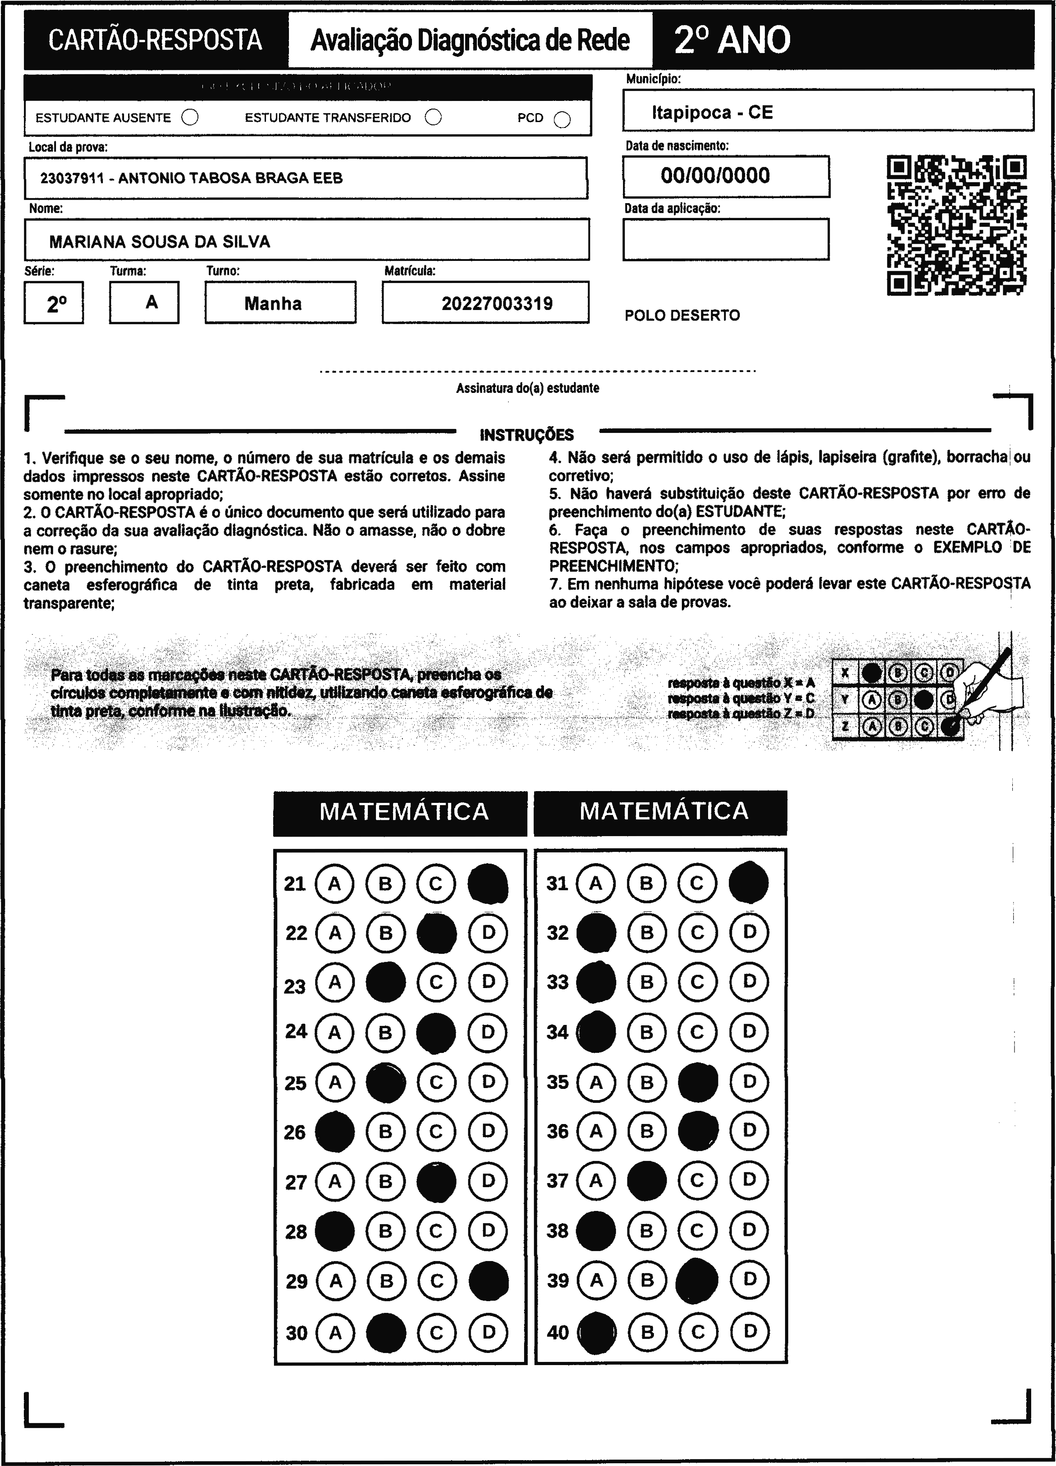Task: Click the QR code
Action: (x=956, y=225)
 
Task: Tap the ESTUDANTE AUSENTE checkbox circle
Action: (x=190, y=117)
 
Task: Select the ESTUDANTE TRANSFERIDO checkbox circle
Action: (x=433, y=117)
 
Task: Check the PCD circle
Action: (x=562, y=119)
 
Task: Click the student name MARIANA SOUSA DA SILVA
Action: (x=160, y=242)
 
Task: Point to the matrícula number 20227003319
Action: (x=497, y=303)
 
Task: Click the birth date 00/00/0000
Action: (x=715, y=176)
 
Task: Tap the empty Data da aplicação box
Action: (x=726, y=239)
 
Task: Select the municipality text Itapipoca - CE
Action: (x=712, y=113)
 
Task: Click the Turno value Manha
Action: (x=273, y=303)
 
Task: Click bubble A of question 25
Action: (x=335, y=1082)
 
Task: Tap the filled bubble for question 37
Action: (x=647, y=1181)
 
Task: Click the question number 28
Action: (x=296, y=1231)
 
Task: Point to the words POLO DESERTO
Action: (x=682, y=315)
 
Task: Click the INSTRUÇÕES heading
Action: (x=526, y=434)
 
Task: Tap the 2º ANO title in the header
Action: (x=732, y=40)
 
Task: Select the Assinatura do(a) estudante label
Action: (x=528, y=388)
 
